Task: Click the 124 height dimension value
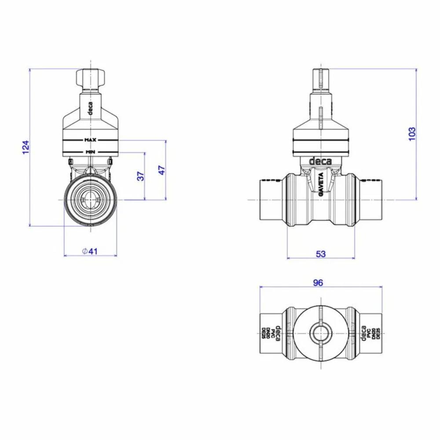[x=26, y=147]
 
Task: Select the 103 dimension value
[x=411, y=134]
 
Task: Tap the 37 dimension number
[x=140, y=176]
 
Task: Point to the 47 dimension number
[x=161, y=170]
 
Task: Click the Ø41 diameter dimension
[x=90, y=251]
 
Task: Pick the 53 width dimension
[x=321, y=254]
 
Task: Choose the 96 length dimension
[x=318, y=283]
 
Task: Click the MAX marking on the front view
[x=90, y=140]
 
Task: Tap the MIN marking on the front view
[x=90, y=152]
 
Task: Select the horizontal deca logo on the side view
[x=320, y=161]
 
